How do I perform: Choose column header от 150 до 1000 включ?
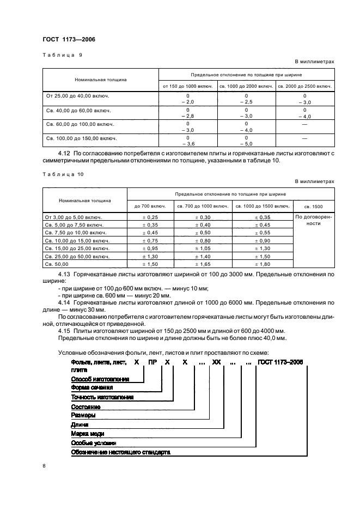pyautogui.click(x=187, y=86)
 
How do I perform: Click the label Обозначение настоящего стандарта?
pyautogui.click(x=120, y=452)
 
